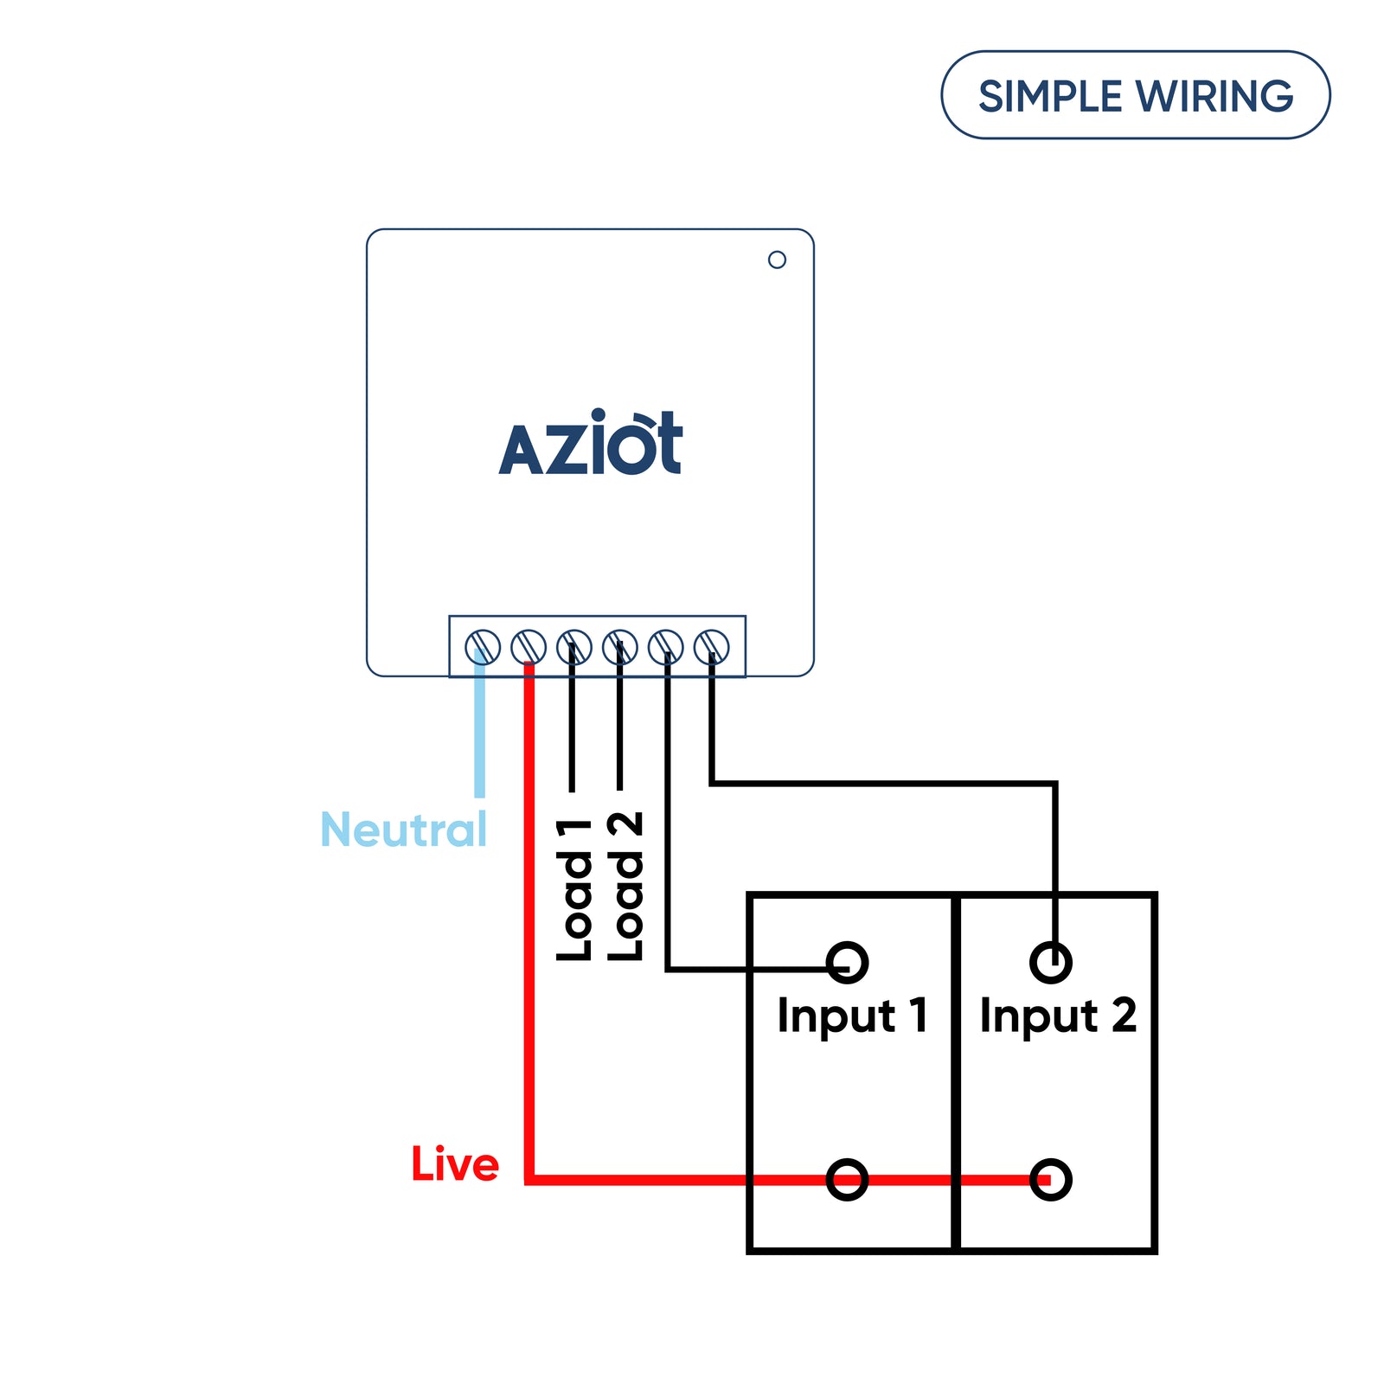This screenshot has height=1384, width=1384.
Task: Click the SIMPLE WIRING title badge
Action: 1135,95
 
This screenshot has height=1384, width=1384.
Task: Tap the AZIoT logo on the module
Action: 591,445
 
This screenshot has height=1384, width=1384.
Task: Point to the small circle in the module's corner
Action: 777,259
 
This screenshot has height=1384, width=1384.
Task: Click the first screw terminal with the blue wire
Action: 483,647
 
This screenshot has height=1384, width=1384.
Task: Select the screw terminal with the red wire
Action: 529,647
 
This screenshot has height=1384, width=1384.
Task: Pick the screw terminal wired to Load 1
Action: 574,647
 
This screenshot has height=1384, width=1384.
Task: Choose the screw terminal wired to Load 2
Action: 620,647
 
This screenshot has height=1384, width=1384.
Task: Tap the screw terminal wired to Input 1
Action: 666,647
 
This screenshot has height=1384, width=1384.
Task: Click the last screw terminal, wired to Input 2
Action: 712,647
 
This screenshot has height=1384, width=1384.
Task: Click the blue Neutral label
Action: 404,830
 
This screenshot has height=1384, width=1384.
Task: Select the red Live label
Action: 455,1164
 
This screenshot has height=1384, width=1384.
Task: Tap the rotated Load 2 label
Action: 625,887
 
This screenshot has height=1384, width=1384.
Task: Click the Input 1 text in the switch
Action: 852,1016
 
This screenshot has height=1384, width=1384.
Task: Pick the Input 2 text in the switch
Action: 1058,1016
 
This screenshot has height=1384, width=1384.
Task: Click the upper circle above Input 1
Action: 847,962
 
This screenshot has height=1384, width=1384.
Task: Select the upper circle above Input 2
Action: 1051,962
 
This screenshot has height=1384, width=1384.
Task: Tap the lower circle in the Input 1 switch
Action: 847,1179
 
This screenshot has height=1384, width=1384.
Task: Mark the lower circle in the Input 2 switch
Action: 1051,1179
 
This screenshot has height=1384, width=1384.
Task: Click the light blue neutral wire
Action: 480,735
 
